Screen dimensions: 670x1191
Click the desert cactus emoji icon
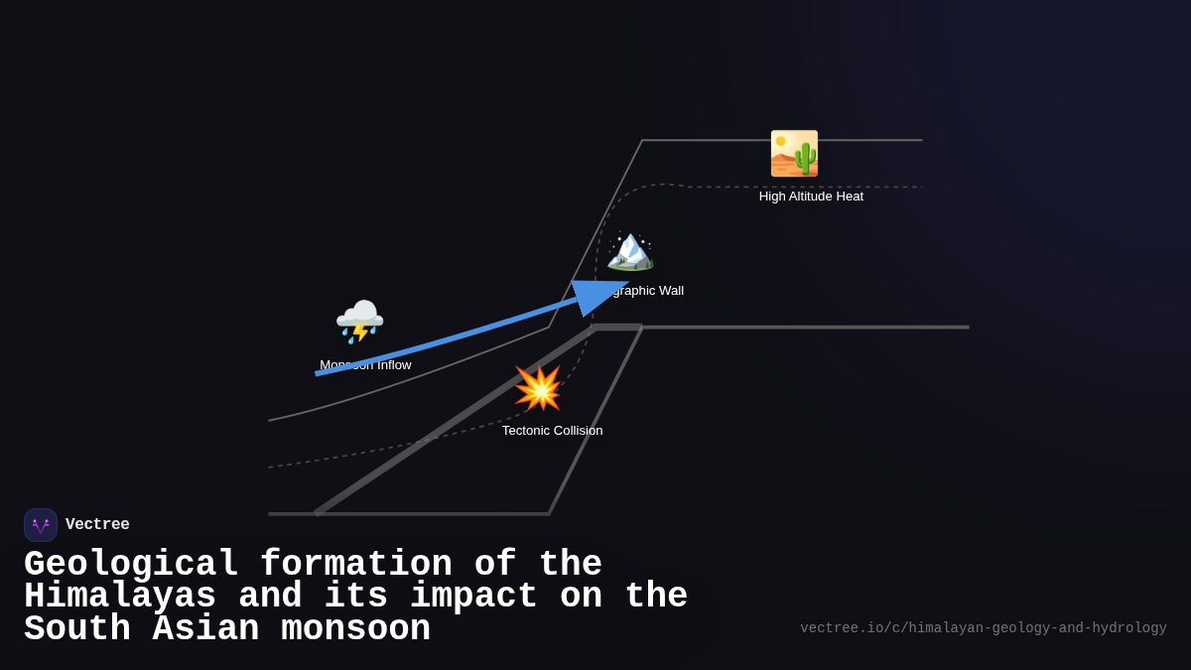click(x=794, y=154)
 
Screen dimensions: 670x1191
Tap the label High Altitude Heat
click(x=811, y=197)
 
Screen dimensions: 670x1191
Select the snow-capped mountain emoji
click(x=630, y=249)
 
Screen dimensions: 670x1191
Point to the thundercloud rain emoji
click(x=359, y=322)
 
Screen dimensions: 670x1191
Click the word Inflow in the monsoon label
click(x=393, y=365)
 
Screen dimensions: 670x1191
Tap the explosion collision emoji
click(x=538, y=388)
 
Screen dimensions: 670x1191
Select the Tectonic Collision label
click(x=552, y=431)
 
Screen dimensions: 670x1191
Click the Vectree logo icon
click(x=41, y=525)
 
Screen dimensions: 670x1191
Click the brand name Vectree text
click(x=97, y=525)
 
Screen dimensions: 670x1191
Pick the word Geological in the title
click(x=131, y=565)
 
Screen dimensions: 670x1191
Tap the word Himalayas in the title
click(x=120, y=597)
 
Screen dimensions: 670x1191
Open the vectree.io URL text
click(x=983, y=628)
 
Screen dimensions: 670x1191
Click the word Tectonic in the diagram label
click(x=527, y=431)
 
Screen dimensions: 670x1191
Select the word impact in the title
click(x=473, y=597)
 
